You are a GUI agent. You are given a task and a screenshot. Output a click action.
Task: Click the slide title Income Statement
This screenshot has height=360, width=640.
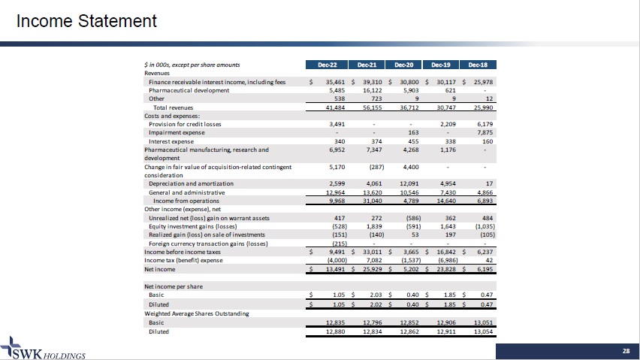click(88, 21)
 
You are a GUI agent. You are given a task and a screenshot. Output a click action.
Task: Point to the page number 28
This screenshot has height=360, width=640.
click(625, 351)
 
